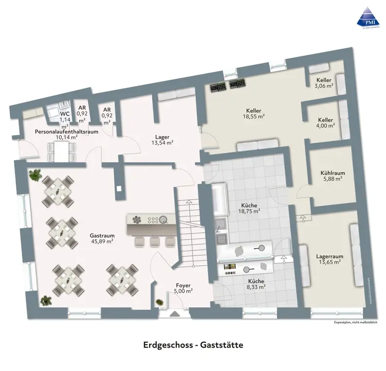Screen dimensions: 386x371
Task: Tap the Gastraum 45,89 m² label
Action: pyautogui.click(x=102, y=237)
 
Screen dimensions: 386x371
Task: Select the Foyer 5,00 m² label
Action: pyautogui.click(x=184, y=288)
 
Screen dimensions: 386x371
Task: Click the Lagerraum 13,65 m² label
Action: pyautogui.click(x=330, y=259)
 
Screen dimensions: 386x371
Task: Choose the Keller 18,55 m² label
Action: pyautogui.click(x=254, y=113)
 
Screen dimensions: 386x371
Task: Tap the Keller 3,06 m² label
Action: pyautogui.click(x=324, y=83)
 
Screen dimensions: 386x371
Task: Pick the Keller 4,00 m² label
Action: pyautogui.click(x=326, y=123)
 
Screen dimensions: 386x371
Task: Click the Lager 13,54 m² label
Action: pyautogui.click(x=163, y=140)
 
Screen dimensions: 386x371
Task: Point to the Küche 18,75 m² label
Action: pyautogui.click(x=248, y=208)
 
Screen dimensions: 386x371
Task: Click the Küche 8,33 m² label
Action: pyautogui.click(x=256, y=284)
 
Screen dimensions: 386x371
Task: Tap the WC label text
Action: pyautogui.click(x=65, y=113)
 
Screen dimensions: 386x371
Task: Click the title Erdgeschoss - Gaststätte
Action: pyautogui.click(x=193, y=345)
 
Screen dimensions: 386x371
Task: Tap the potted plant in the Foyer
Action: pyautogui.click(x=159, y=303)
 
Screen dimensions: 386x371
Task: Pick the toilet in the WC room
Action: pyautogui.click(x=53, y=113)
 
